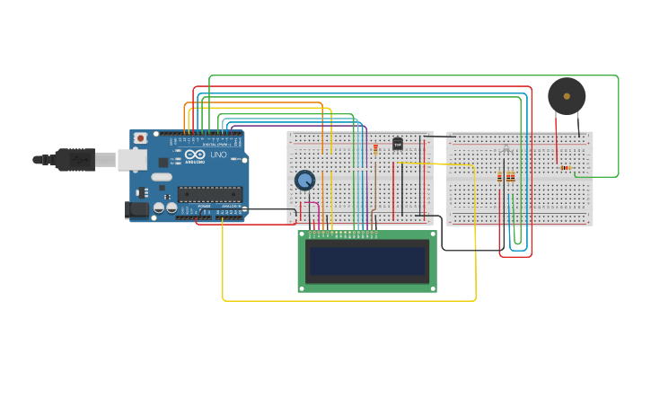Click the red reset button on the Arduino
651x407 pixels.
(x=141, y=138)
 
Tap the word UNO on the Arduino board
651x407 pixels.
(x=218, y=155)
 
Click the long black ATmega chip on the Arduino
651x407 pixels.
(x=210, y=193)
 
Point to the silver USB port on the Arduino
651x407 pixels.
(x=131, y=160)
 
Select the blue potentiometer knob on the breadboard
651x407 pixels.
(x=305, y=181)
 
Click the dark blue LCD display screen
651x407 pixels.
(x=367, y=261)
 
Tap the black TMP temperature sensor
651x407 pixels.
(x=398, y=144)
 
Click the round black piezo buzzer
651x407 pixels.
(x=567, y=95)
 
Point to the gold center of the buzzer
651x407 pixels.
(x=567, y=95)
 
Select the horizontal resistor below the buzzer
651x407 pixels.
(x=565, y=168)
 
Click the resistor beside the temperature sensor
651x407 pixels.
(x=375, y=147)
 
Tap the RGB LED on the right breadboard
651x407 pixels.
(x=506, y=150)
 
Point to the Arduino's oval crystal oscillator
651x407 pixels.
(x=162, y=177)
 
